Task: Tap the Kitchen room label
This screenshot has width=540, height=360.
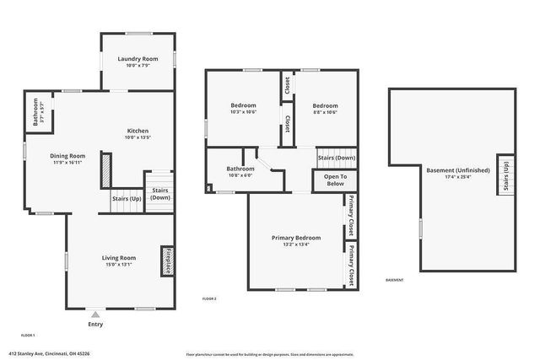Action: [138, 132]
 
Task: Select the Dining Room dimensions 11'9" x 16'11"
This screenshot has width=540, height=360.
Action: [67, 162]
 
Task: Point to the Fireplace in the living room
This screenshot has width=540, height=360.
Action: [168, 261]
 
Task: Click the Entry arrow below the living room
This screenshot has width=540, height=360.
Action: [95, 313]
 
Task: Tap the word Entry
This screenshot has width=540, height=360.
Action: [95, 324]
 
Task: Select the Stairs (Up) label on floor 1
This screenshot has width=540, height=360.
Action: [127, 199]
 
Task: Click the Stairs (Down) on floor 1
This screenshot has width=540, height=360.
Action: [159, 194]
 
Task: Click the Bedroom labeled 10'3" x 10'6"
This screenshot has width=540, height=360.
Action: [244, 106]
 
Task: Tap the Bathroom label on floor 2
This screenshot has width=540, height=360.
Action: [240, 169]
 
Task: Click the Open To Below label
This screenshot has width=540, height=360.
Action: [335, 180]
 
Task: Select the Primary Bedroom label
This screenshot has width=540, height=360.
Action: [295, 239]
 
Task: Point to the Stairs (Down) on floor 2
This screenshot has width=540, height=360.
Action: [336, 158]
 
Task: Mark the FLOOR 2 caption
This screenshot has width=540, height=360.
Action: [209, 299]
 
